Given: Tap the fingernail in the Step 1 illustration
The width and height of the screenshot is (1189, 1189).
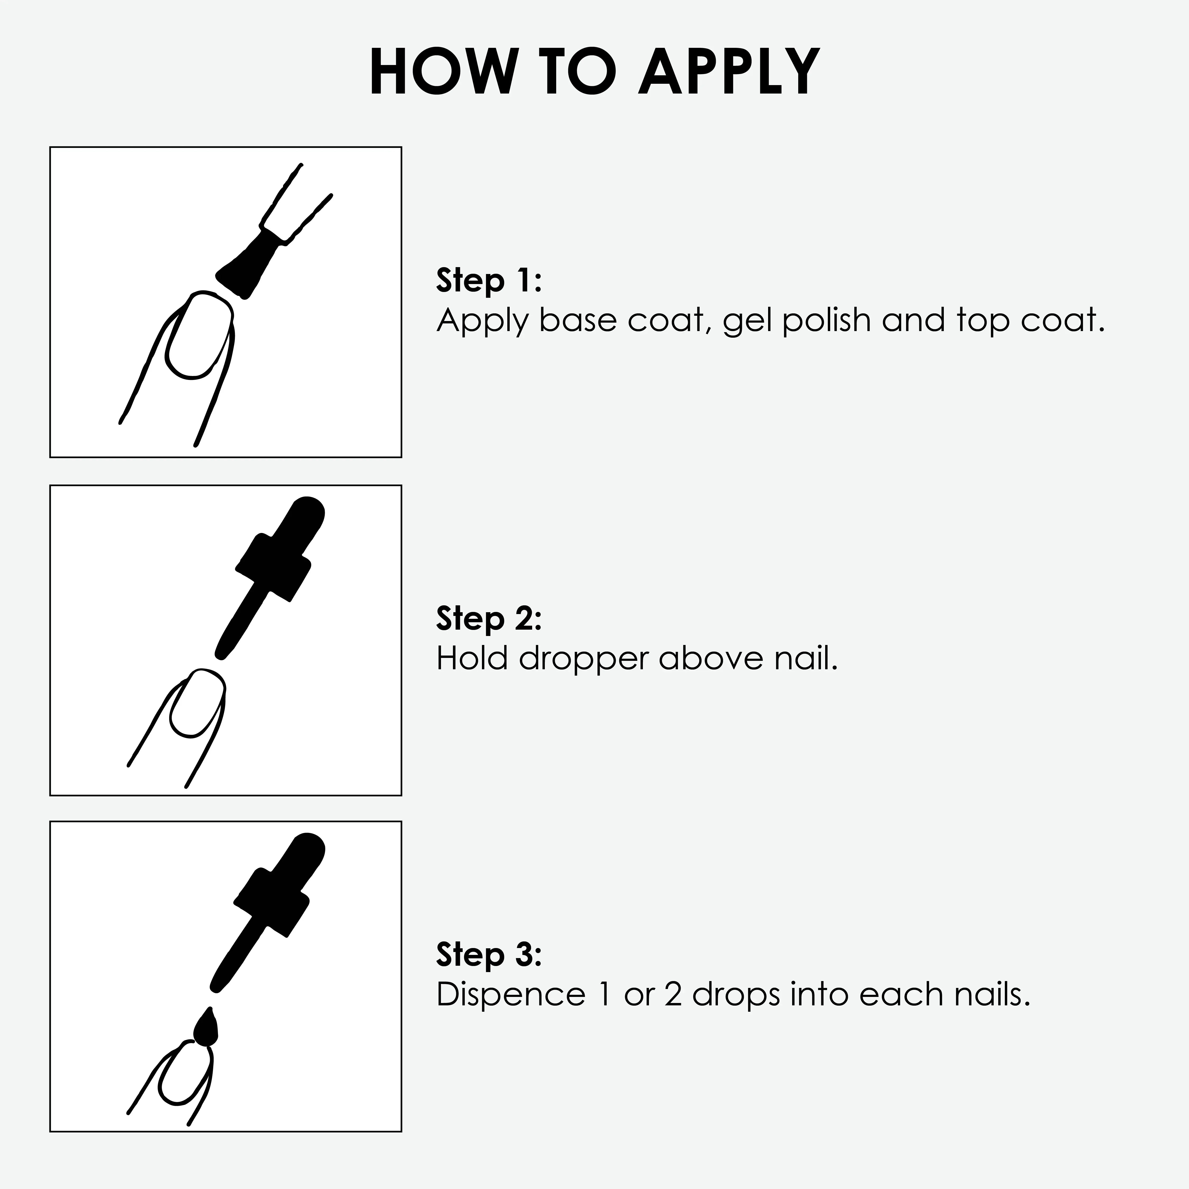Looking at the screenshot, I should tap(199, 335).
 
